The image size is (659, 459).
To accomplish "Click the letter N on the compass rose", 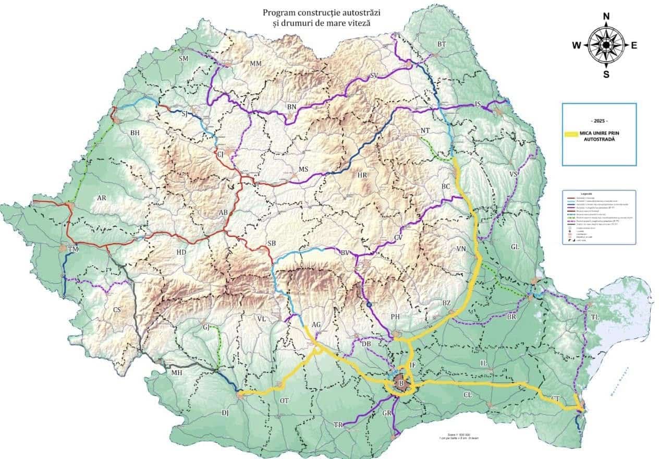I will click(x=606, y=16).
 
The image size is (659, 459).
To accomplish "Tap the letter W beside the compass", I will click(x=577, y=45).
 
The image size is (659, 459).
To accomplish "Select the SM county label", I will click(x=183, y=58).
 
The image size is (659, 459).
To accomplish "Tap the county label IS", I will click(x=478, y=104).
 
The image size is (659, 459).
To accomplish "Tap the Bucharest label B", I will click(x=401, y=384).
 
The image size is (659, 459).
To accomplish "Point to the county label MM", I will click(x=255, y=64).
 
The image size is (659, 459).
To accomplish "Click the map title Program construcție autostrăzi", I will click(x=326, y=11).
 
